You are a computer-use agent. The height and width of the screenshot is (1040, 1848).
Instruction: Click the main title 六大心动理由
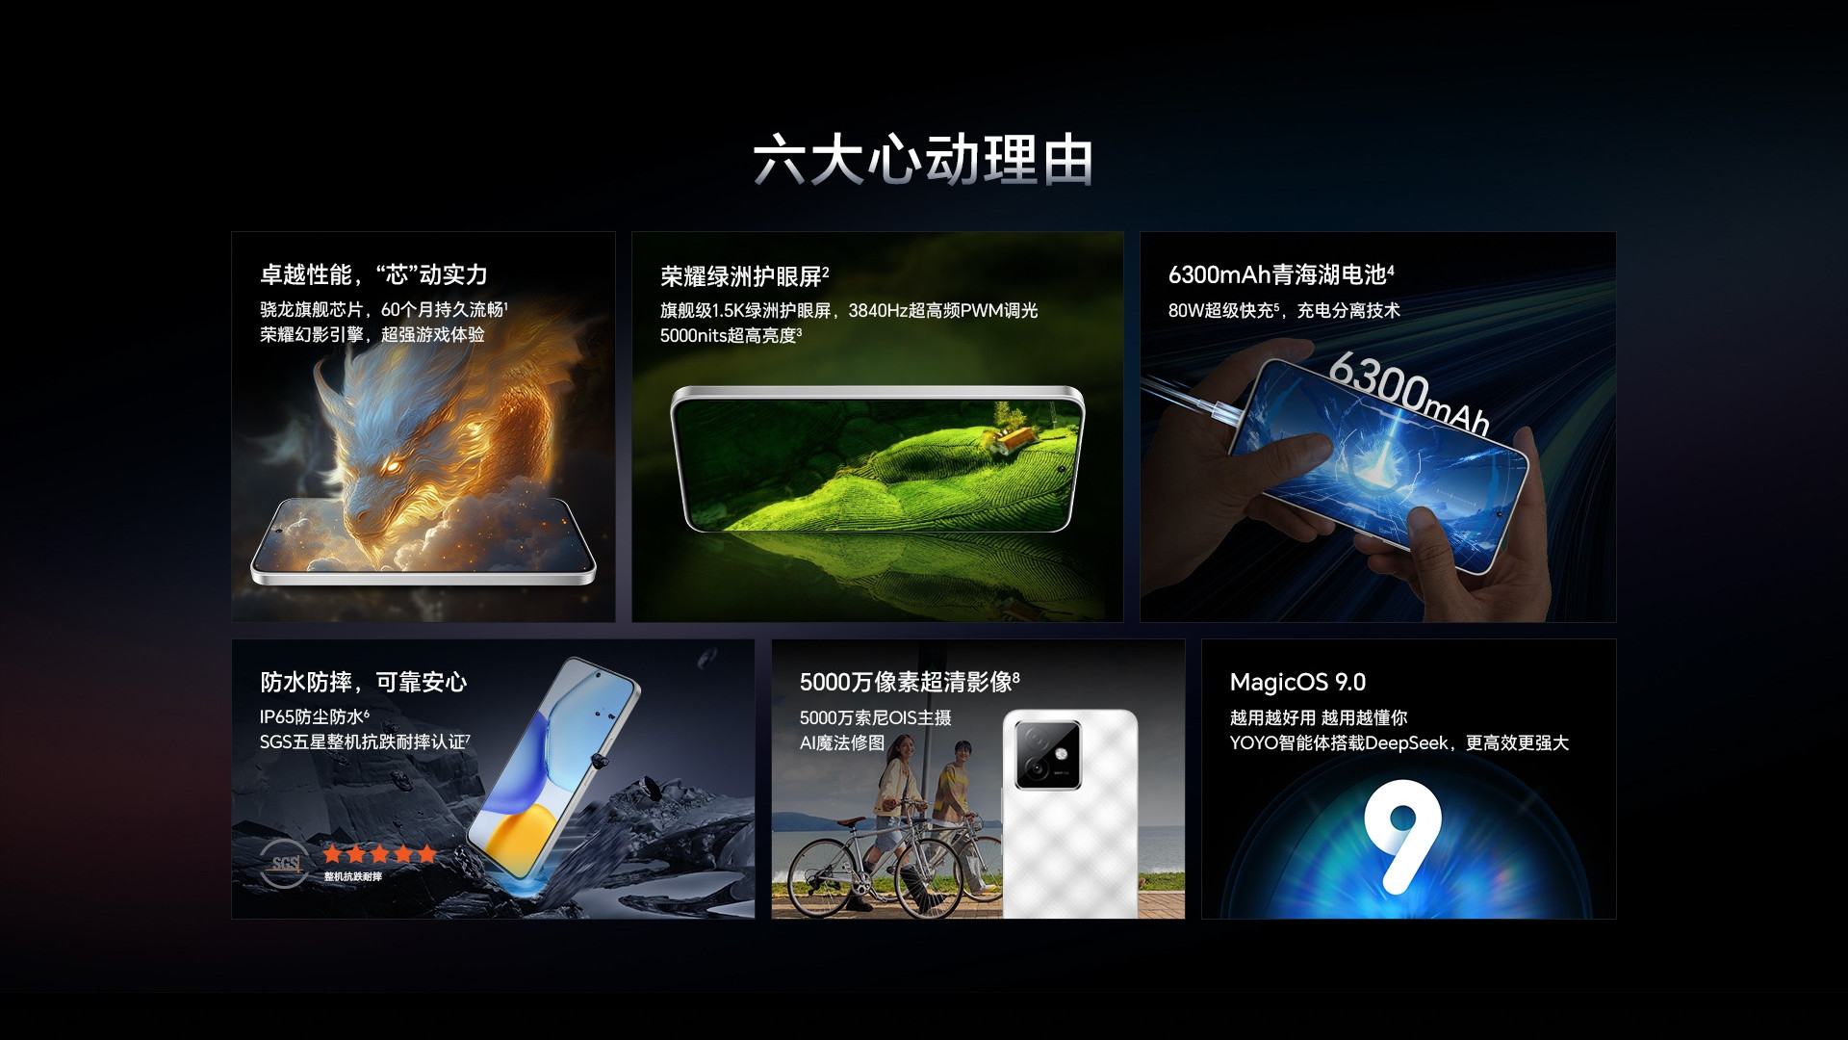[x=923, y=160]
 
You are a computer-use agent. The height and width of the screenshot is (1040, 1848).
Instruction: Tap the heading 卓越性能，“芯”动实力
[x=373, y=275]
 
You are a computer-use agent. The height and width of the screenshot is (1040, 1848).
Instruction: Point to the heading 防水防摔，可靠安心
[x=363, y=683]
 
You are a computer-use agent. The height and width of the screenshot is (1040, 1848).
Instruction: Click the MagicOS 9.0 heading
[x=1297, y=683]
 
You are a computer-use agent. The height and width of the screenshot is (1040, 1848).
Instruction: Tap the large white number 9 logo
[x=1401, y=834]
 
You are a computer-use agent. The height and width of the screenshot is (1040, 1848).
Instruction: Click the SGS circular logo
[x=286, y=863]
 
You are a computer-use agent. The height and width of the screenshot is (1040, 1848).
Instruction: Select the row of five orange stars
[x=379, y=853]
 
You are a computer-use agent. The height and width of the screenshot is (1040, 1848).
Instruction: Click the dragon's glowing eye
[x=393, y=465]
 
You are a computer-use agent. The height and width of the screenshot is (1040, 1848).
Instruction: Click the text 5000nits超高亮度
[x=729, y=336]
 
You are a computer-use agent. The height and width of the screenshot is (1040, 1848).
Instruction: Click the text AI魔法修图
[x=842, y=743]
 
